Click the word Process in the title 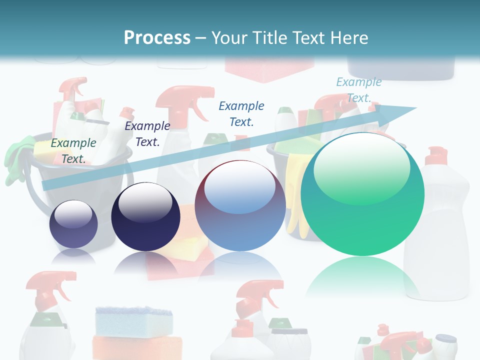pyautogui.click(x=157, y=38)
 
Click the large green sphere pyautogui.click(x=362, y=195)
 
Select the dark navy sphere pyautogui.click(x=145, y=216)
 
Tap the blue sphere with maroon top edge pyautogui.click(x=240, y=205)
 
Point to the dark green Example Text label pyautogui.click(x=73, y=150)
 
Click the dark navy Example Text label pyautogui.click(x=147, y=134)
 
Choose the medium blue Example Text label pyautogui.click(x=241, y=113)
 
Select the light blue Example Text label pyautogui.click(x=358, y=90)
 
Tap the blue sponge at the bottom pyautogui.click(x=133, y=318)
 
